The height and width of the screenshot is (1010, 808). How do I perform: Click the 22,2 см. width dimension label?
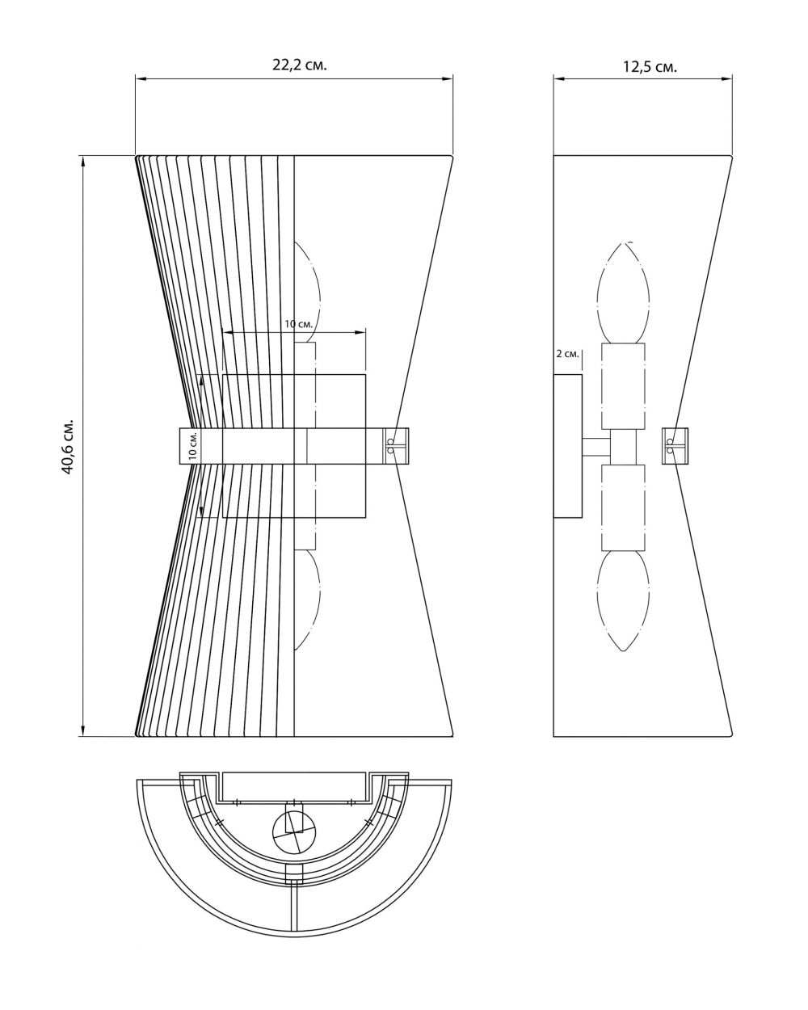(x=300, y=65)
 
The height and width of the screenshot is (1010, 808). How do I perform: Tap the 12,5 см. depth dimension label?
(x=650, y=67)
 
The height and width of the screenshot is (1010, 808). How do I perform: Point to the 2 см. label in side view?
(x=567, y=354)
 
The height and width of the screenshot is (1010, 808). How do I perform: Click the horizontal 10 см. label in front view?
(x=299, y=324)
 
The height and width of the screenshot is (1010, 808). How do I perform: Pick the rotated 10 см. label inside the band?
(x=193, y=445)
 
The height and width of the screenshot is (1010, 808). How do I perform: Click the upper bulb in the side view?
(x=623, y=292)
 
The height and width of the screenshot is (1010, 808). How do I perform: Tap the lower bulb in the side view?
(x=623, y=600)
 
